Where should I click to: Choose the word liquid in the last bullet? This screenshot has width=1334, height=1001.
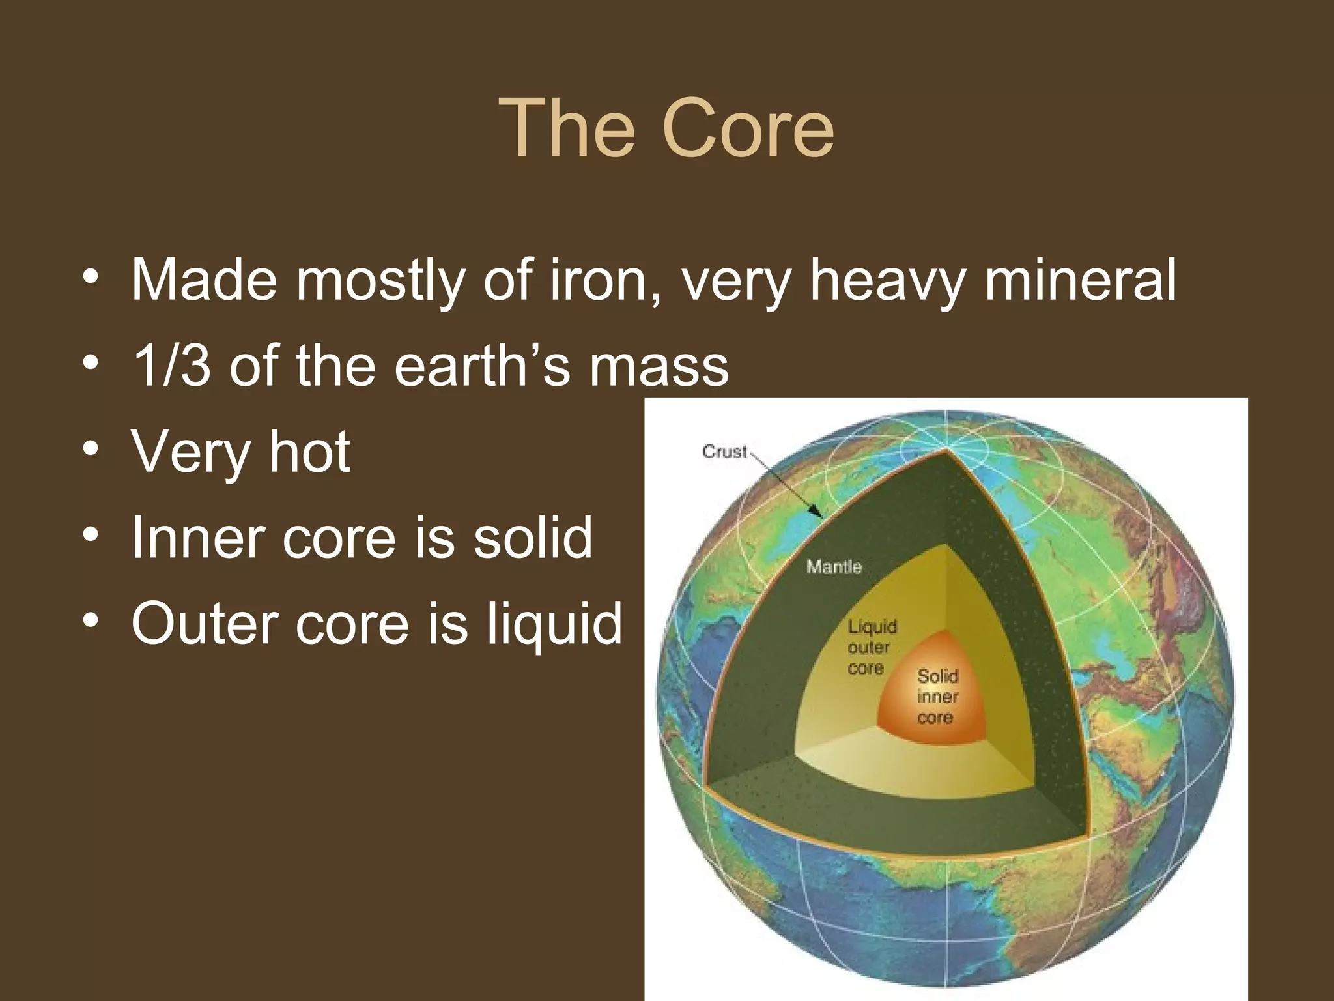554,624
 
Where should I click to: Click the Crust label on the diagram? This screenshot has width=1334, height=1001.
724,452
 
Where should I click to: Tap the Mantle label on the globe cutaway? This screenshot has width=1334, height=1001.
834,566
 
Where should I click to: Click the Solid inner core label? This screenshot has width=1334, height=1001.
937,697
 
